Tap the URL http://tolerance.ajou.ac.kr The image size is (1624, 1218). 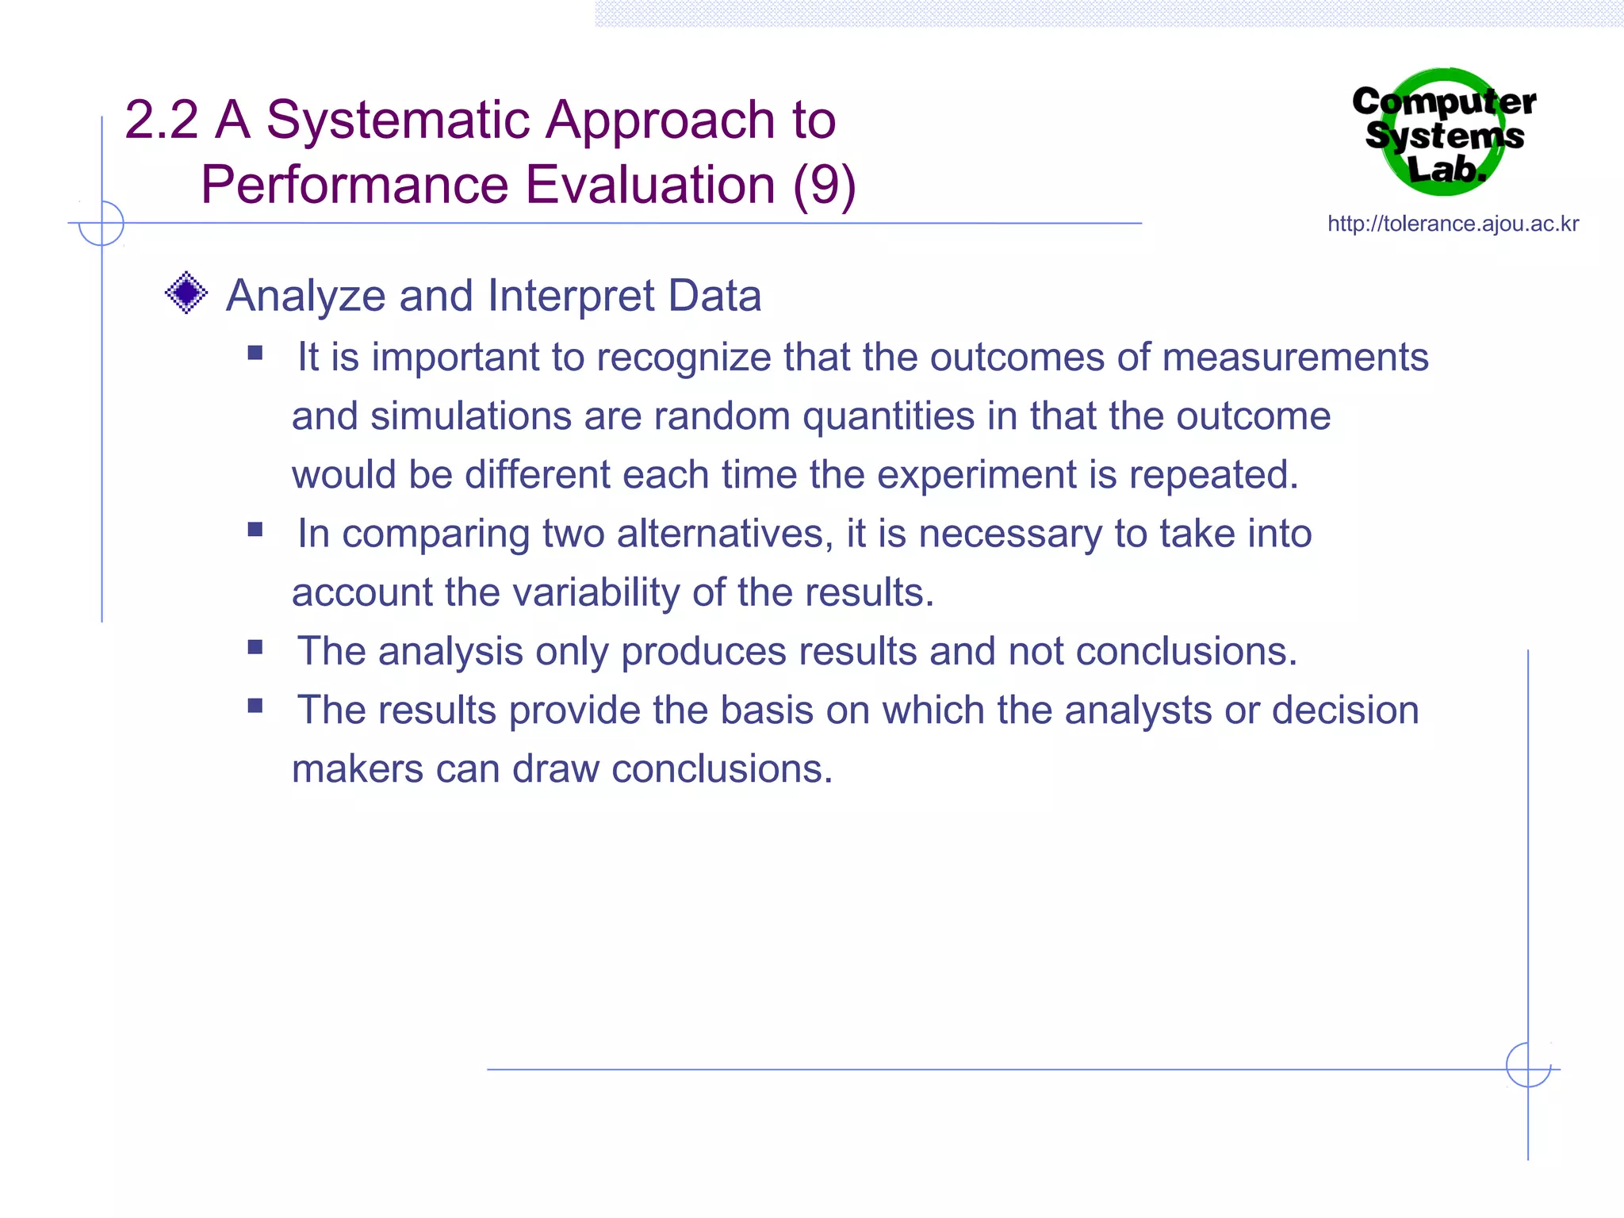(x=1453, y=224)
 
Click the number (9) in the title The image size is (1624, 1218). (x=824, y=186)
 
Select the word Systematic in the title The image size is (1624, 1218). (x=398, y=121)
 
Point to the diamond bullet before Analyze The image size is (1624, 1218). (x=186, y=293)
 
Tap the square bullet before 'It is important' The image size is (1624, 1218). (x=255, y=353)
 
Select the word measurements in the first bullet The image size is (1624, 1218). (x=1295, y=357)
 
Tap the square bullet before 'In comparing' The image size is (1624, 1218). (x=255, y=530)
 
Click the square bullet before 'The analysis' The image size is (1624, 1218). (x=255, y=647)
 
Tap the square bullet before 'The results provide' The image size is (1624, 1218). (x=255, y=706)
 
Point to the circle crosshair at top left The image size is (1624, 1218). (x=101, y=224)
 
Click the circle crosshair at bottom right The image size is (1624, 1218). (x=1528, y=1065)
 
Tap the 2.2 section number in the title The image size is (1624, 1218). (x=161, y=121)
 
